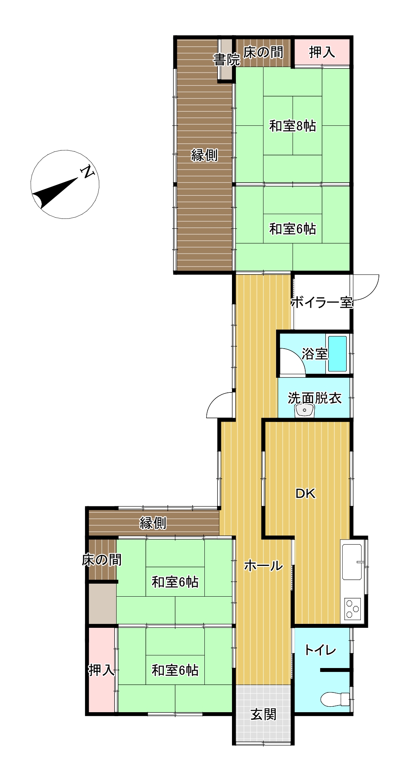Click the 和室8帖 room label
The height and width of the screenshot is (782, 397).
point(293,126)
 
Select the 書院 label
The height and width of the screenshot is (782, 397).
point(226,60)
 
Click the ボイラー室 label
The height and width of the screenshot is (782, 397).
point(321,302)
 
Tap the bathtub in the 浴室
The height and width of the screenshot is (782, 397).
point(338,353)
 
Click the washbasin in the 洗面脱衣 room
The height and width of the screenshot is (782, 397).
point(304,411)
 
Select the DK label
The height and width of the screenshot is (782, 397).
point(306,493)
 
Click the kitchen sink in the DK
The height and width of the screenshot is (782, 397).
point(352,562)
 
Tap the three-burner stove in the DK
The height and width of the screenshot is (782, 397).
point(352,608)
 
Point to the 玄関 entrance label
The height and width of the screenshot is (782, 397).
point(263,714)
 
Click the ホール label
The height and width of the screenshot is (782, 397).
point(263,566)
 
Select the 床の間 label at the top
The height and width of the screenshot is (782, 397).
point(263,52)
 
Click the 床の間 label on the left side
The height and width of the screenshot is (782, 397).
point(102,560)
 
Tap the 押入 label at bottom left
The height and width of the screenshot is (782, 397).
point(101,670)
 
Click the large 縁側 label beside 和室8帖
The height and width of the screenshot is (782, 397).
point(204,155)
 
